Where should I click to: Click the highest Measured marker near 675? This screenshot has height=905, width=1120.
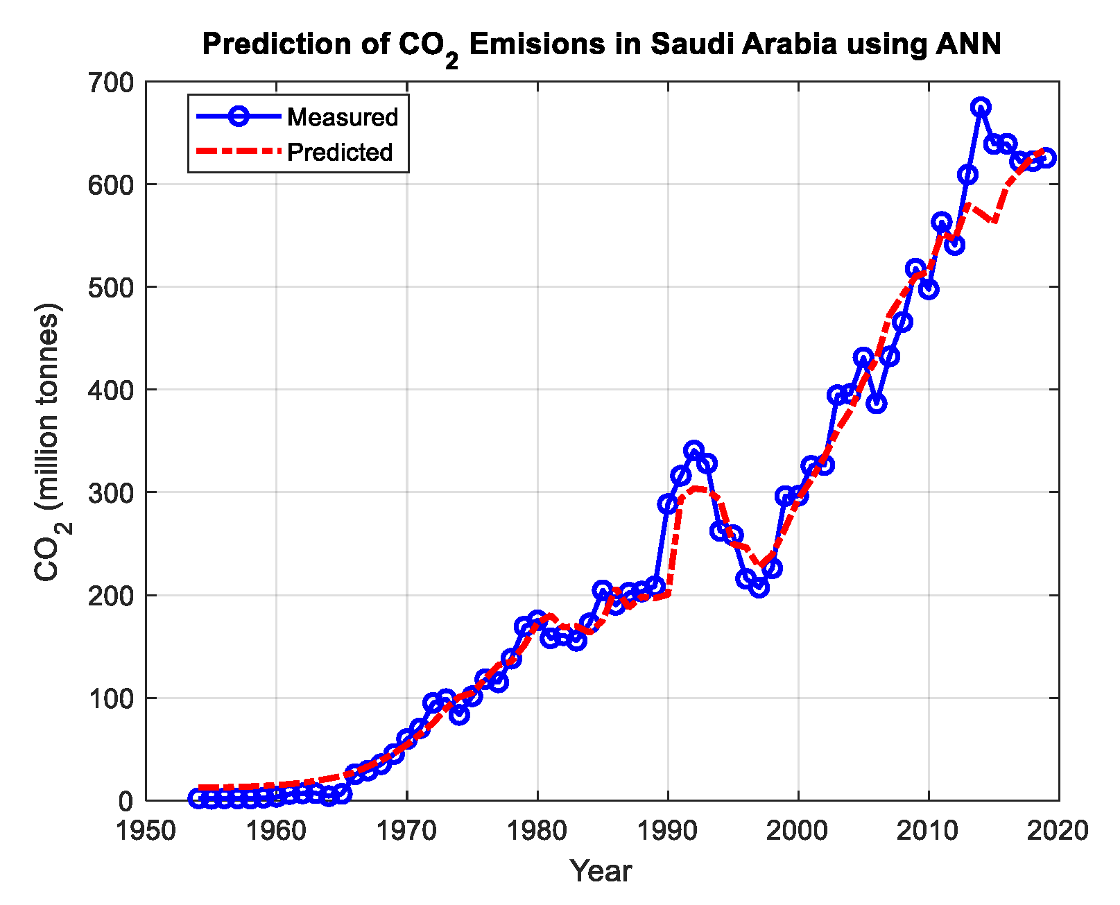[x=981, y=107]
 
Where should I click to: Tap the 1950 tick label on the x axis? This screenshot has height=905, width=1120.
[x=146, y=830]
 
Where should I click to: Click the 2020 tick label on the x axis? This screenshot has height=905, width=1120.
[x=1058, y=830]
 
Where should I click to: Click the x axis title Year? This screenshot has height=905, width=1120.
[x=601, y=871]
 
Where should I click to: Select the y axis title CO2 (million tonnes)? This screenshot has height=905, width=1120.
[x=49, y=442]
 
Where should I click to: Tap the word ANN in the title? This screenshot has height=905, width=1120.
[x=968, y=44]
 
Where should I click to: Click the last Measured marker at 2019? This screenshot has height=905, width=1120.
[x=1046, y=157]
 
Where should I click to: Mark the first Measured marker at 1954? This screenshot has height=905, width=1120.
[x=198, y=798]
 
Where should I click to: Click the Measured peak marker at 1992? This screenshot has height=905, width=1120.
[x=693, y=450]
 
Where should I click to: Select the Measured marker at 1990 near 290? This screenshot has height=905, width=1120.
[x=668, y=503]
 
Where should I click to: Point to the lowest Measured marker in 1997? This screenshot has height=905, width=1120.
[x=759, y=588]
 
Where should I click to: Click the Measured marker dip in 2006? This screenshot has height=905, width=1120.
[x=877, y=404]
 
